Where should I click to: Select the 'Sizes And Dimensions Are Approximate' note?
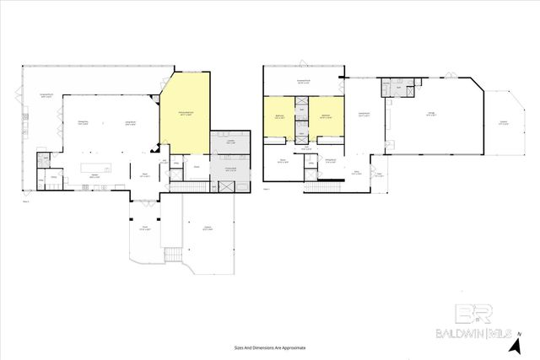269,347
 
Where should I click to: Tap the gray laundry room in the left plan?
230,144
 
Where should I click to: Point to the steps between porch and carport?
172,255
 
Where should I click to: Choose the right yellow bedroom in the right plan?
327,117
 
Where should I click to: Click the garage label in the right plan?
430,116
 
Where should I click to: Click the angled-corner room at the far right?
503,122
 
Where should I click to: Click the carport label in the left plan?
208,228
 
